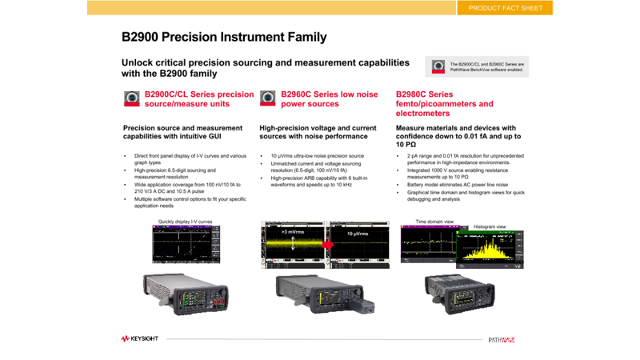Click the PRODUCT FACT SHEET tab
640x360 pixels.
tap(505, 8)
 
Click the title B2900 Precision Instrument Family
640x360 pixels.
tap(224, 37)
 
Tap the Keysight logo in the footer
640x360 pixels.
tap(140, 339)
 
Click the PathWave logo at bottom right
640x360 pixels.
tap(502, 340)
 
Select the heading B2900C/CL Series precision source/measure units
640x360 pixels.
tap(199, 99)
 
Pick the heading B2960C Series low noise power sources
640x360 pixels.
tap(329, 99)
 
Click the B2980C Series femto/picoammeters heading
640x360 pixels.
tap(444, 104)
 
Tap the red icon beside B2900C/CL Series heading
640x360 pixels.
tap(132, 98)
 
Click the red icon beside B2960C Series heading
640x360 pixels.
tap(268, 98)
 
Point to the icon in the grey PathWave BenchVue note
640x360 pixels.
tap(438, 67)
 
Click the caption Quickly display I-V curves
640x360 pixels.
tap(185, 222)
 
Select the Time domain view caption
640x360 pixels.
tap(434, 222)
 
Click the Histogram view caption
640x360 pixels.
tap(490, 227)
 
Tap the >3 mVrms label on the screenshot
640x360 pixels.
tap(293, 232)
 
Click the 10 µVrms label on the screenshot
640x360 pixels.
tap(358, 234)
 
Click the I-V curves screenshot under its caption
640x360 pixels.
tap(186, 245)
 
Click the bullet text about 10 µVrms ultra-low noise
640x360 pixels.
tap(318, 156)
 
